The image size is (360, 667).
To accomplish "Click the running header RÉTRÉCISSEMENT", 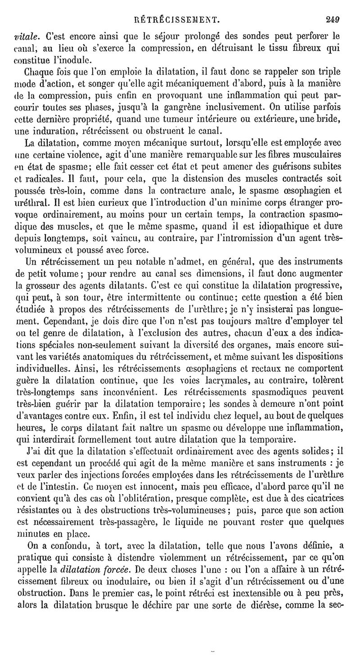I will coord(180,19).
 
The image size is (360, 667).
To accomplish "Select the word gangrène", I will coord(211,107).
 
